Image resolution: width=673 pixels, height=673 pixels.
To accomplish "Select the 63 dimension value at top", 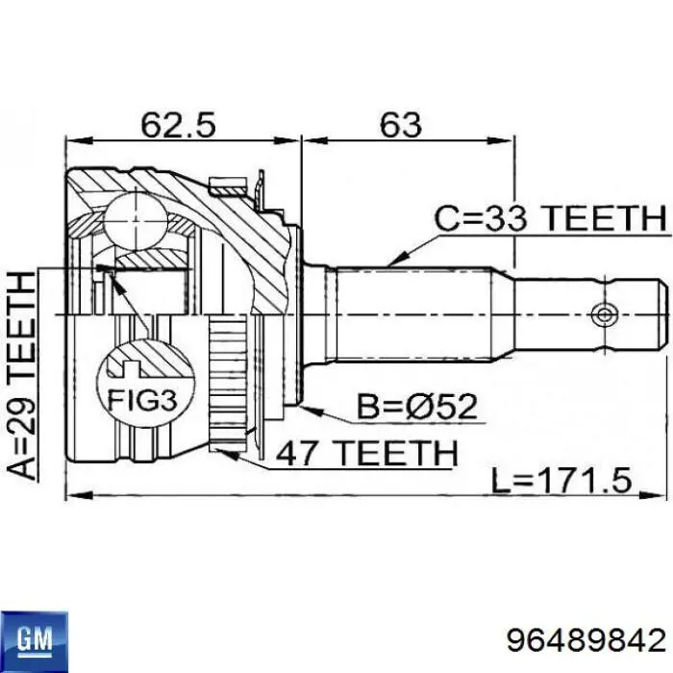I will (400, 124).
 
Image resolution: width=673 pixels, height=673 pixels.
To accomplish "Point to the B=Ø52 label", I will (418, 408).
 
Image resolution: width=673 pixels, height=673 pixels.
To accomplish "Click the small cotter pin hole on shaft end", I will (603, 314).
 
